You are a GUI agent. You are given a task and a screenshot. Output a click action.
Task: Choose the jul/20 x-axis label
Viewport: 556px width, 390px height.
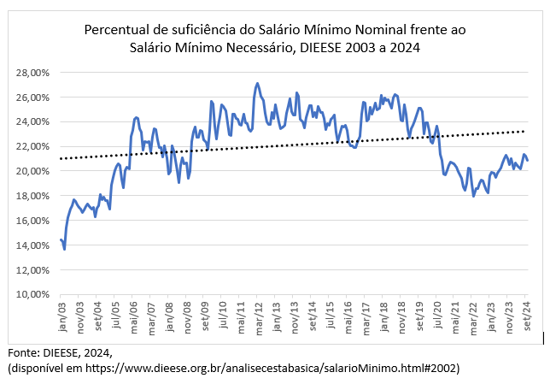pos(437,316)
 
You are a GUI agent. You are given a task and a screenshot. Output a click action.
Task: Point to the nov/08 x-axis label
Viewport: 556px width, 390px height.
pos(186,316)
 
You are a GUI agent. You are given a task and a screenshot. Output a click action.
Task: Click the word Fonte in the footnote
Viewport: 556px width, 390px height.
pos(23,352)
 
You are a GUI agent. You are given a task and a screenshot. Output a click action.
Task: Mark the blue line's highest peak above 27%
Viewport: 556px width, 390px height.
pos(257,84)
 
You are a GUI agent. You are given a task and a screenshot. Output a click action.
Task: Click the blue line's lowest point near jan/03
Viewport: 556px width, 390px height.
pos(64,249)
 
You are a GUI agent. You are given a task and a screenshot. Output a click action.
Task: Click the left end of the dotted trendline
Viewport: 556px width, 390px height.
pos(60,159)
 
